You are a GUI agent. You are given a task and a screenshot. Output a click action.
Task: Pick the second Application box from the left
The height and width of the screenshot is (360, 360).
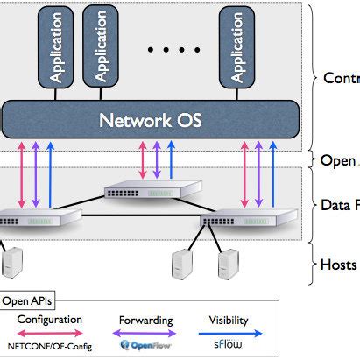101,51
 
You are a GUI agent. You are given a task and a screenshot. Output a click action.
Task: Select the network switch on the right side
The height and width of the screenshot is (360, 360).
239,221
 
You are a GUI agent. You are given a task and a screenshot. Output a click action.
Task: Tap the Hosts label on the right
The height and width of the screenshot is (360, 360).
340,264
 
